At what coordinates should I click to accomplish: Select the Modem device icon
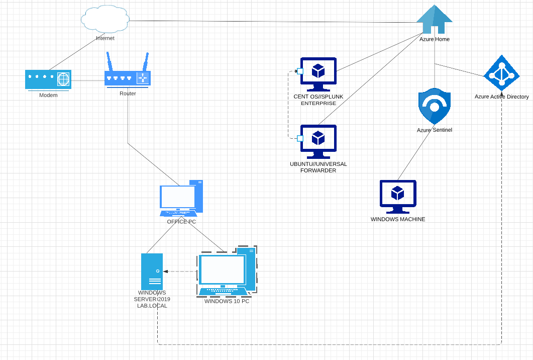point(48,79)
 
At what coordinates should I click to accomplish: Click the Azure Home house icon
point(435,21)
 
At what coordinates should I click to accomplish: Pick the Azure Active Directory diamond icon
point(501,74)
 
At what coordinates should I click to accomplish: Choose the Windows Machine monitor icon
point(398,197)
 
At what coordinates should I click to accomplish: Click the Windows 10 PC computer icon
point(226,272)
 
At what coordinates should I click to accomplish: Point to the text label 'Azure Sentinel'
point(435,130)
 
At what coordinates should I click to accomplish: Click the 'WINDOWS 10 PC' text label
point(227,301)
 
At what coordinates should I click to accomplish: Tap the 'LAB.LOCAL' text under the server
point(152,306)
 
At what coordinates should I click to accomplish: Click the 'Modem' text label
point(48,95)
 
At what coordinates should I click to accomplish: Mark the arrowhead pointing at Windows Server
point(165,272)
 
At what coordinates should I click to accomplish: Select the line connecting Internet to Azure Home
point(271,22)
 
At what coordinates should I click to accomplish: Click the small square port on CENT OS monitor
point(300,71)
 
